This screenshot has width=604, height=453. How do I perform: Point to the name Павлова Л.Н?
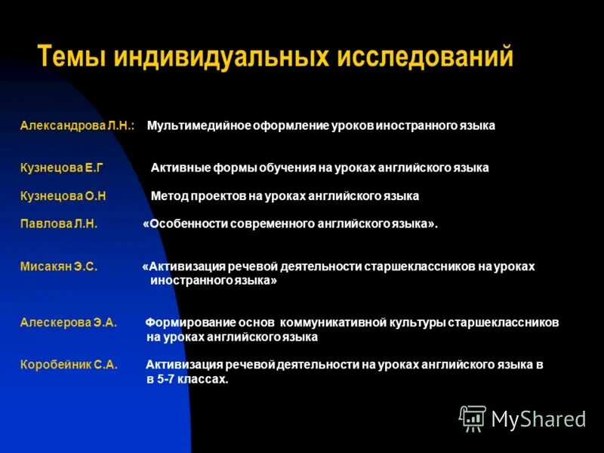[59, 224]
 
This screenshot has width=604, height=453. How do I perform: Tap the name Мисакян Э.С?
[59, 267]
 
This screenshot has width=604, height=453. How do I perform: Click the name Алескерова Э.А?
[68, 322]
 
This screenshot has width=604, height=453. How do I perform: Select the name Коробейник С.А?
[69, 365]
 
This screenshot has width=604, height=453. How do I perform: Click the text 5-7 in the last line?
[170, 379]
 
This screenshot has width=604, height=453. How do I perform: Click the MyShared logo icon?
[473, 418]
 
